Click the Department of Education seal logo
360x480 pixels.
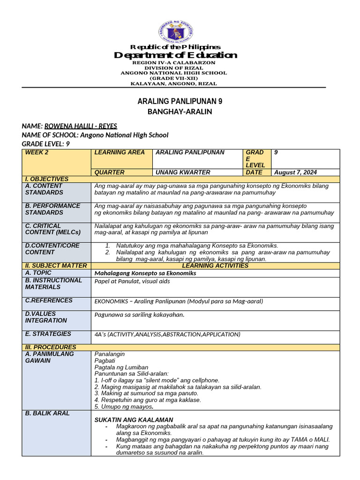click(176, 32)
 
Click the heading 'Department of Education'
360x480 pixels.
click(176, 55)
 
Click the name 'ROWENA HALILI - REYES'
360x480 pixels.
click(81, 126)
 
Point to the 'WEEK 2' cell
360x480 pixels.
click(37, 152)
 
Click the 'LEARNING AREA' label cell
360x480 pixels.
click(117, 152)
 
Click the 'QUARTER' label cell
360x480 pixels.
click(110, 172)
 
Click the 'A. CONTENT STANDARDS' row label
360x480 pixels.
click(44, 189)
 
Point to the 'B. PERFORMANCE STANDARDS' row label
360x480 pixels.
click(52, 209)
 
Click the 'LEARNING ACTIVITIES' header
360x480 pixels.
click(215, 266)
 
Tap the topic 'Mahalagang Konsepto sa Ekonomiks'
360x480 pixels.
click(145, 273)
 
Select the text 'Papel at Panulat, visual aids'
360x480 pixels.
click(132, 281)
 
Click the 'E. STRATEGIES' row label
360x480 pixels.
click(48, 334)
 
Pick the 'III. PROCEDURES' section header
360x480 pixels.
click(51, 347)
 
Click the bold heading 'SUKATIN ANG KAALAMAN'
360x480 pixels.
click(134, 420)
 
